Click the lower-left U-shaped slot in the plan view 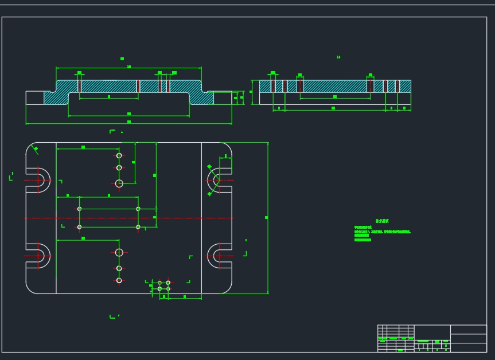pos(39,256)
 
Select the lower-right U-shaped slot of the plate pos(220,256)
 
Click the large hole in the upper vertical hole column pos(119,183)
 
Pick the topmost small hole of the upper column pos(119,155)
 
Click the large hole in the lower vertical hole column pos(119,252)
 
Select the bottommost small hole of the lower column pos(119,280)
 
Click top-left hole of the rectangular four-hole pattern pos(79,209)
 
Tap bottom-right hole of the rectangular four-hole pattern pos(138,227)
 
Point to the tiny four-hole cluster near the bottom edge pos(163,285)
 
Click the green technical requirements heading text pos(381,221)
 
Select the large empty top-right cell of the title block pos(468,330)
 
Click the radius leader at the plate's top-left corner pos(36,150)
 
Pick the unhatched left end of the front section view pos(35,97)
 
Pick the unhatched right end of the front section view pos(223,97)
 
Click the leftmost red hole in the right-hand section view pos(274,86)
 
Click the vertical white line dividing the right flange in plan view pos(201,218)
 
